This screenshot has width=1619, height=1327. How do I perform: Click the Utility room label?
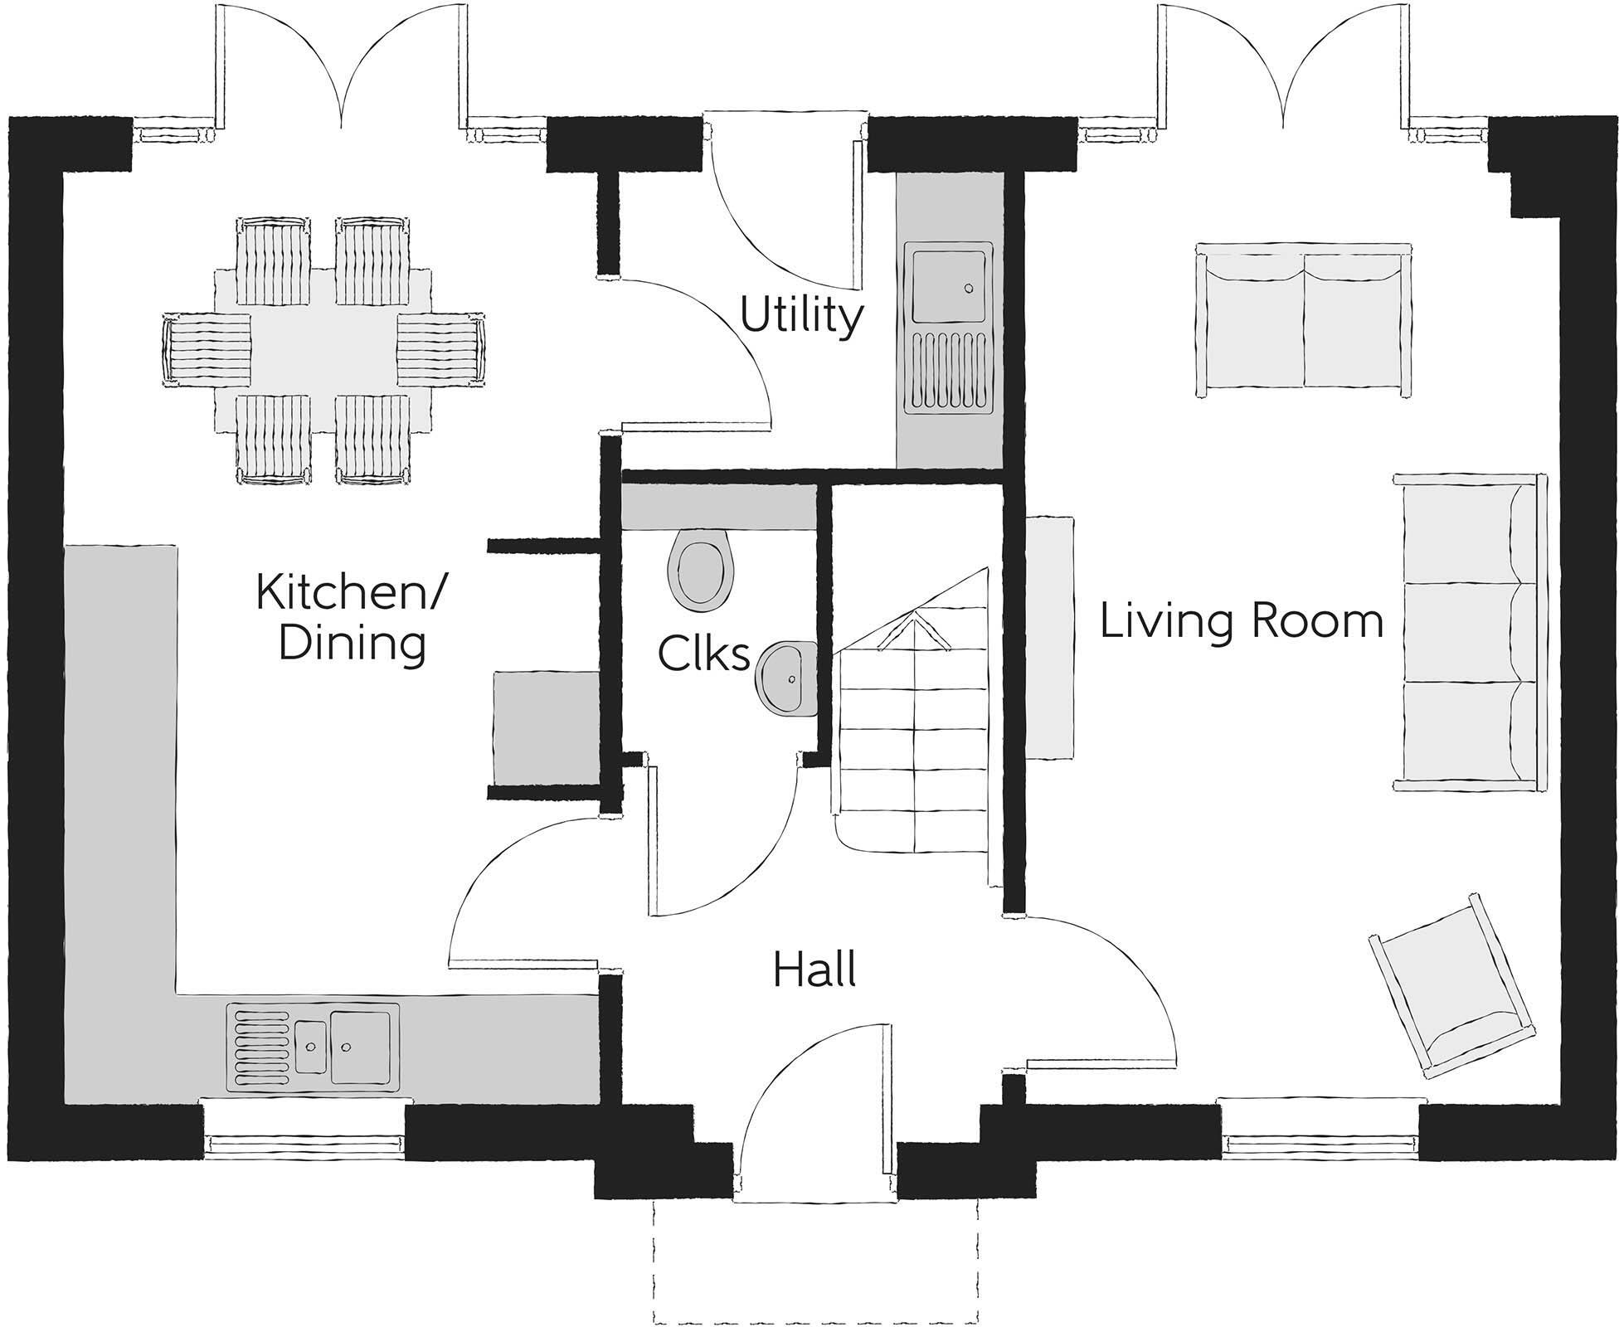[801, 318]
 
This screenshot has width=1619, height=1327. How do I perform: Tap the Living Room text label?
[1241, 621]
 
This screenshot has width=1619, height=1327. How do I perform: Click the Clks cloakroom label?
[703, 654]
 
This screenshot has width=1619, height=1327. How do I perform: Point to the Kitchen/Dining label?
[352, 618]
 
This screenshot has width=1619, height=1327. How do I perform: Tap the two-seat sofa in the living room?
[1304, 319]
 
